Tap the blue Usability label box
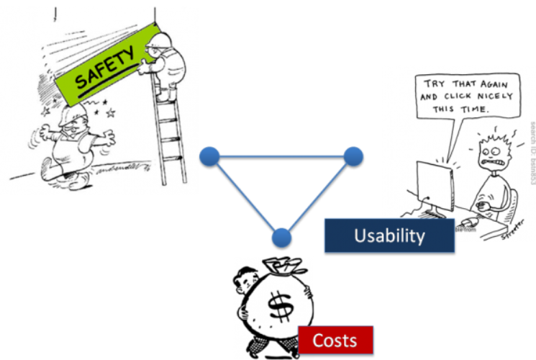pyautogui.click(x=389, y=235)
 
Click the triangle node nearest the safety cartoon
pyautogui.click(x=209, y=156)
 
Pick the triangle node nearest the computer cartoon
pyautogui.click(x=353, y=156)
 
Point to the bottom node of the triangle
pyautogui.click(x=281, y=237)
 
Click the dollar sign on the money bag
pyautogui.click(x=276, y=306)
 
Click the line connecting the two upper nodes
pyautogui.click(x=281, y=156)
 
